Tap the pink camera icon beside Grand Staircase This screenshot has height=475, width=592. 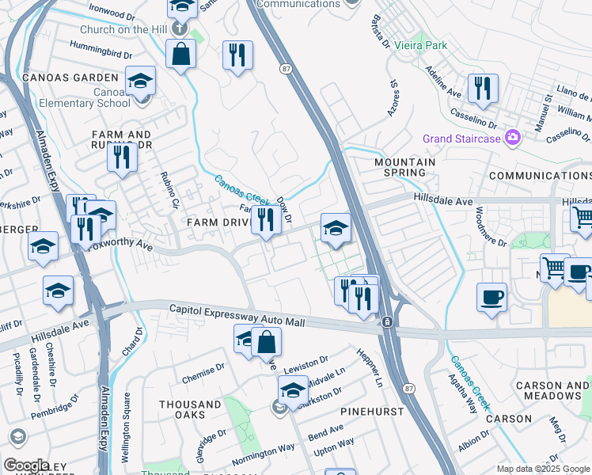513,139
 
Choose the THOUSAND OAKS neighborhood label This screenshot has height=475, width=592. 190,409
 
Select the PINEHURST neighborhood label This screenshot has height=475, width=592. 372,412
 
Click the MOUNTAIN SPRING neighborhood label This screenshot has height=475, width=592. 404,167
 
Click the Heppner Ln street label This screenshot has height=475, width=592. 370,367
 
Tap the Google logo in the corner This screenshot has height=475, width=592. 26,465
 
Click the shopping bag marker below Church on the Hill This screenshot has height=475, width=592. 181,55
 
